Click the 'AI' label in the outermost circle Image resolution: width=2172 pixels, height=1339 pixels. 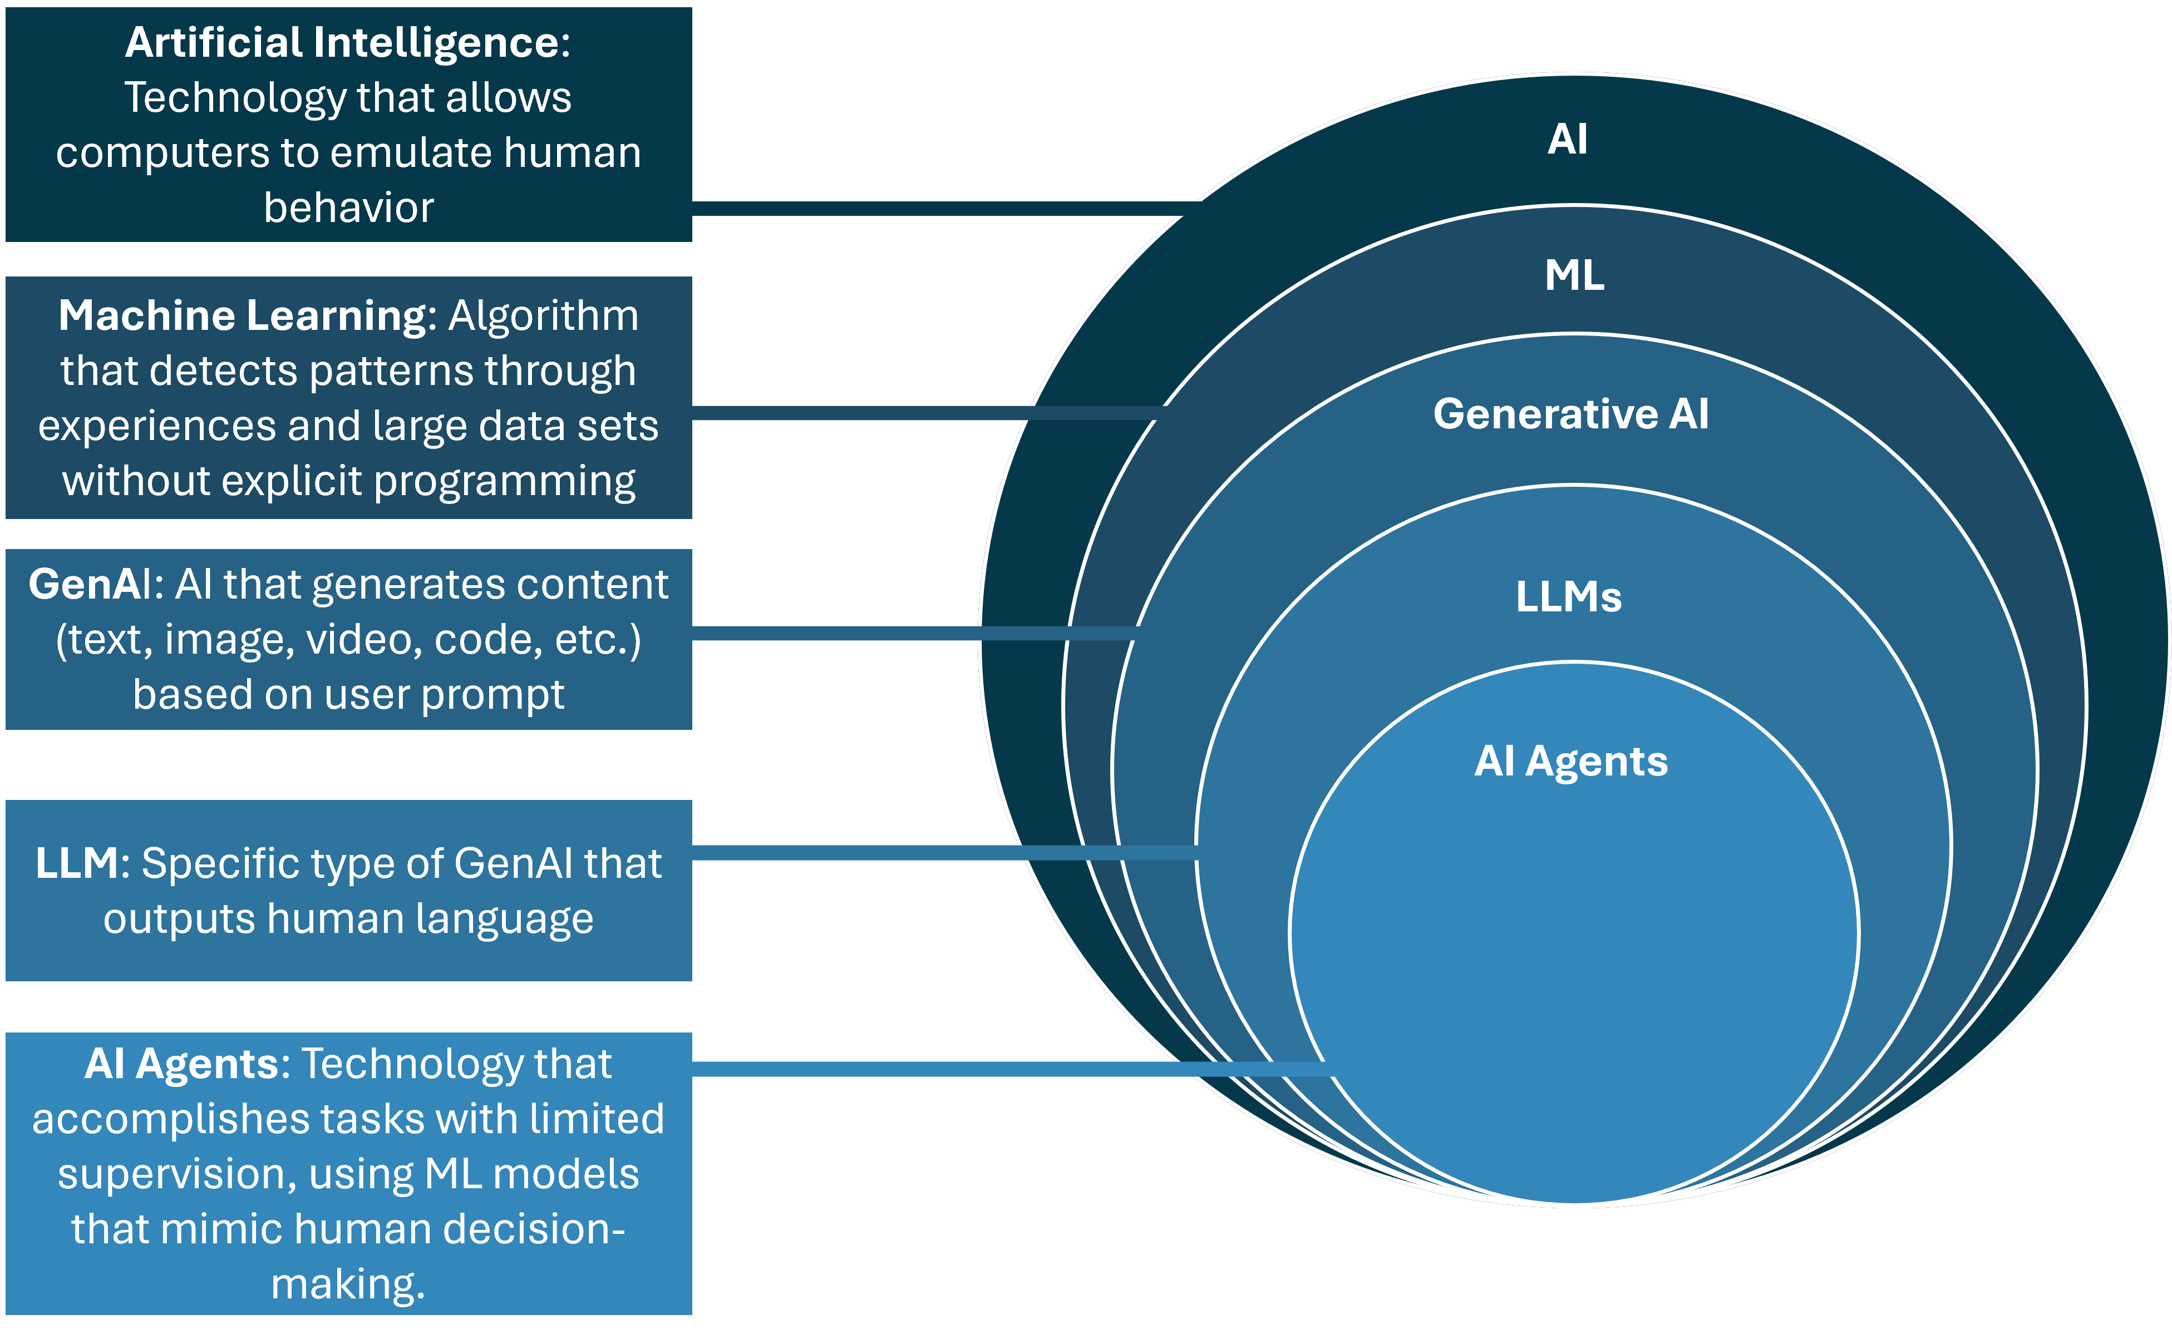click(x=1567, y=139)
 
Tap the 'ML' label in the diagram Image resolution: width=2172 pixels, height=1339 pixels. click(x=1574, y=275)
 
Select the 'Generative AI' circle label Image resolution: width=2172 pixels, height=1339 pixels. click(x=1570, y=413)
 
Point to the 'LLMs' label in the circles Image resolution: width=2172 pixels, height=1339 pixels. click(x=1569, y=597)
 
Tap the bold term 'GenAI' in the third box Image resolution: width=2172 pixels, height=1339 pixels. click(x=90, y=585)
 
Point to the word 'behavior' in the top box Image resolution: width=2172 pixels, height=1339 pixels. click(x=348, y=208)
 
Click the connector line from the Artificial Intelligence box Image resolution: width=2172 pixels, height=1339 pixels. click(x=939, y=208)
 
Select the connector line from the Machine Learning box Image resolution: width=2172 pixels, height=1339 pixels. click(x=921, y=413)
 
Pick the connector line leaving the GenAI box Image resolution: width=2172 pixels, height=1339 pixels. click(x=913, y=633)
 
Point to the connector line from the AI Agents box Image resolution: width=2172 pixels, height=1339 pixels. click(x=1010, y=1069)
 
